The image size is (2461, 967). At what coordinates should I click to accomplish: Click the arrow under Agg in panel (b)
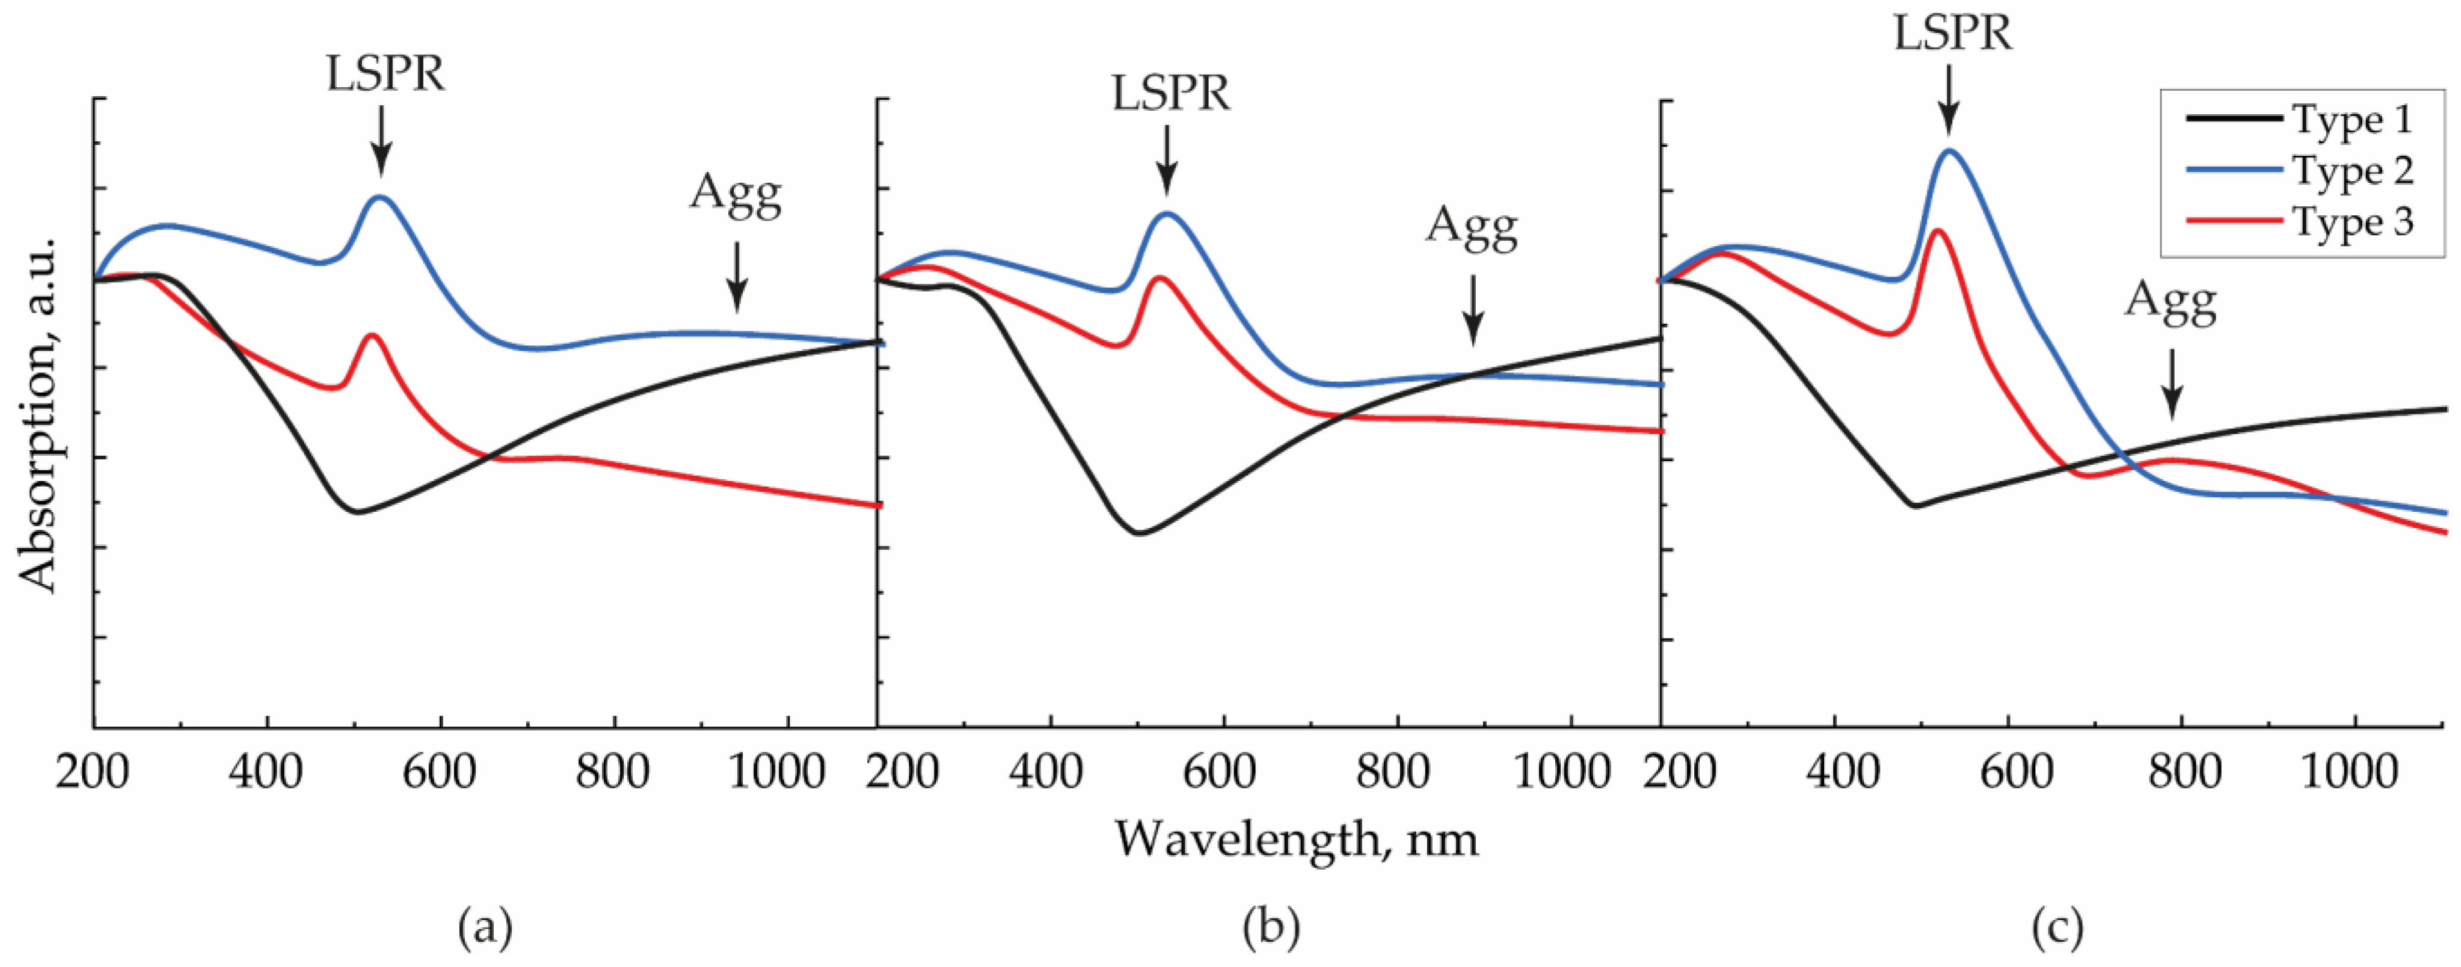pyautogui.click(x=1473, y=310)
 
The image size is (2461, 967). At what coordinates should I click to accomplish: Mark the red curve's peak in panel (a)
pyautogui.click(x=370, y=336)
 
